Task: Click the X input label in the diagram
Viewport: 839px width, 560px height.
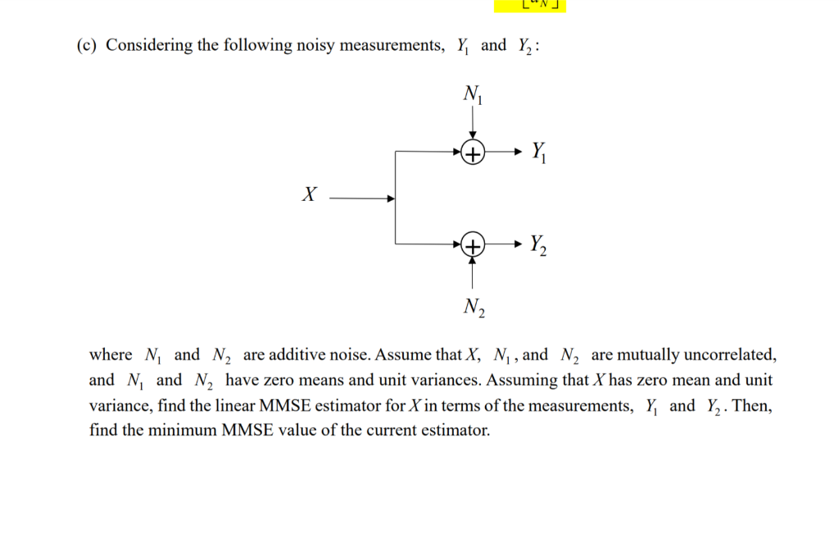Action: [308, 195]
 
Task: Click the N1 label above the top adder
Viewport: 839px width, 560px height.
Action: [473, 95]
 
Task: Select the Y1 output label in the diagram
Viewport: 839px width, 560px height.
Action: [537, 152]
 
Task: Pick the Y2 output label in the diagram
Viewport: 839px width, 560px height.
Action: [538, 244]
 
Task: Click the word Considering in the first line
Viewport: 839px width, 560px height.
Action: [149, 45]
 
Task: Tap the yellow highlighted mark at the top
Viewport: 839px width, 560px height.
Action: [530, 6]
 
